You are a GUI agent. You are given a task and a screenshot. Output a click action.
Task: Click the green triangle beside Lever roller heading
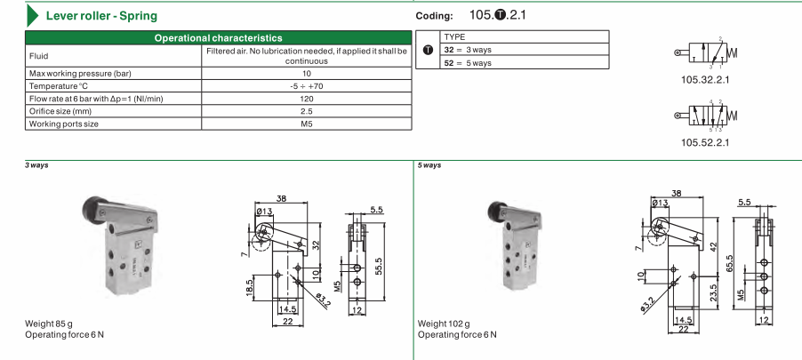click(x=32, y=15)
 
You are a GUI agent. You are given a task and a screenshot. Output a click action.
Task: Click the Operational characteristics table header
click(x=219, y=38)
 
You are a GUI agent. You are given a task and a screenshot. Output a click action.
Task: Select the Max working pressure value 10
click(x=307, y=73)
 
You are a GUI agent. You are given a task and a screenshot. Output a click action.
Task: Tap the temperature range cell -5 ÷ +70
click(x=307, y=86)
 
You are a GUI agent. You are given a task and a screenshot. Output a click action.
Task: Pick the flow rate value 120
click(x=307, y=99)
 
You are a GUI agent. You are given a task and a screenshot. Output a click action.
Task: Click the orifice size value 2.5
click(x=307, y=111)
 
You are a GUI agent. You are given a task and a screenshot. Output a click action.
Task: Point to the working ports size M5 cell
click(x=307, y=124)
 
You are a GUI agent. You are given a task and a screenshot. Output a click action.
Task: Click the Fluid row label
click(x=39, y=56)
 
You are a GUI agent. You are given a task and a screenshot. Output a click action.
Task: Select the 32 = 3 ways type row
click(x=525, y=50)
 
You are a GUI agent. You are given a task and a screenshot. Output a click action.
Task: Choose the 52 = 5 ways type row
click(x=525, y=63)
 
